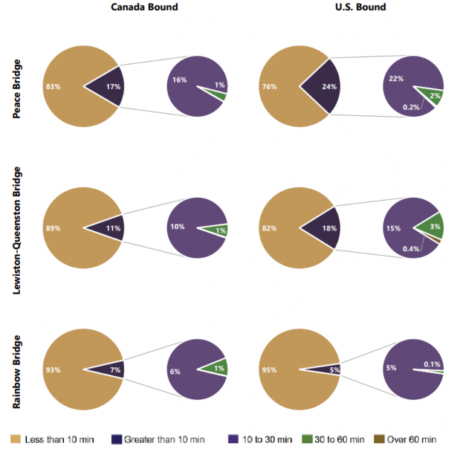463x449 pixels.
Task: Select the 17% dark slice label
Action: coord(112,87)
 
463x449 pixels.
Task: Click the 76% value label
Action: coord(269,87)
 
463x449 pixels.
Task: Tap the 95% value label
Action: coord(269,369)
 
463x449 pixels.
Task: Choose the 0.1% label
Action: coord(431,364)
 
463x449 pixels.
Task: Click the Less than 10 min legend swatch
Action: coord(15,439)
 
